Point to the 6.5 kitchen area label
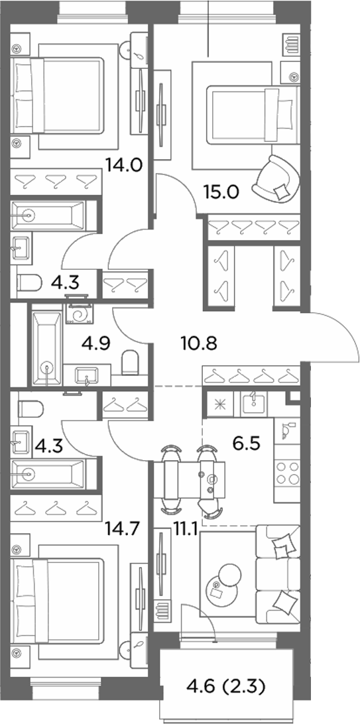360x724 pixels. coord(247,444)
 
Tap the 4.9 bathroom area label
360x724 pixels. coord(95,343)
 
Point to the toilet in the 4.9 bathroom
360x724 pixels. coord(131,363)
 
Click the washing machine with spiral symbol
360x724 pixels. coord(78,313)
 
